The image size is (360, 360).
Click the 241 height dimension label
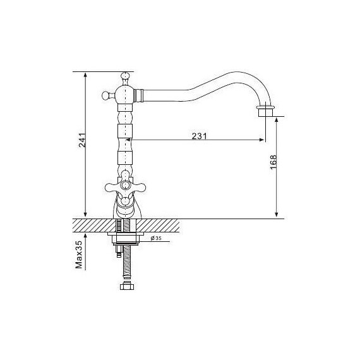(83, 140)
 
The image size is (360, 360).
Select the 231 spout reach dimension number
(200, 136)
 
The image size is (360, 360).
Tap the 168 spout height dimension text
(273, 162)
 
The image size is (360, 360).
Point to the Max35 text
(79, 255)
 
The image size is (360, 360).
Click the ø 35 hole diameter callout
(156, 238)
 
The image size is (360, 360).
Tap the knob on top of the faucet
(125, 76)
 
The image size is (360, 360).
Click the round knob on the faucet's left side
(106, 95)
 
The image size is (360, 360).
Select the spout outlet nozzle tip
(266, 112)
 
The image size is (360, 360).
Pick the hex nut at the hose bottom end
(126, 286)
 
